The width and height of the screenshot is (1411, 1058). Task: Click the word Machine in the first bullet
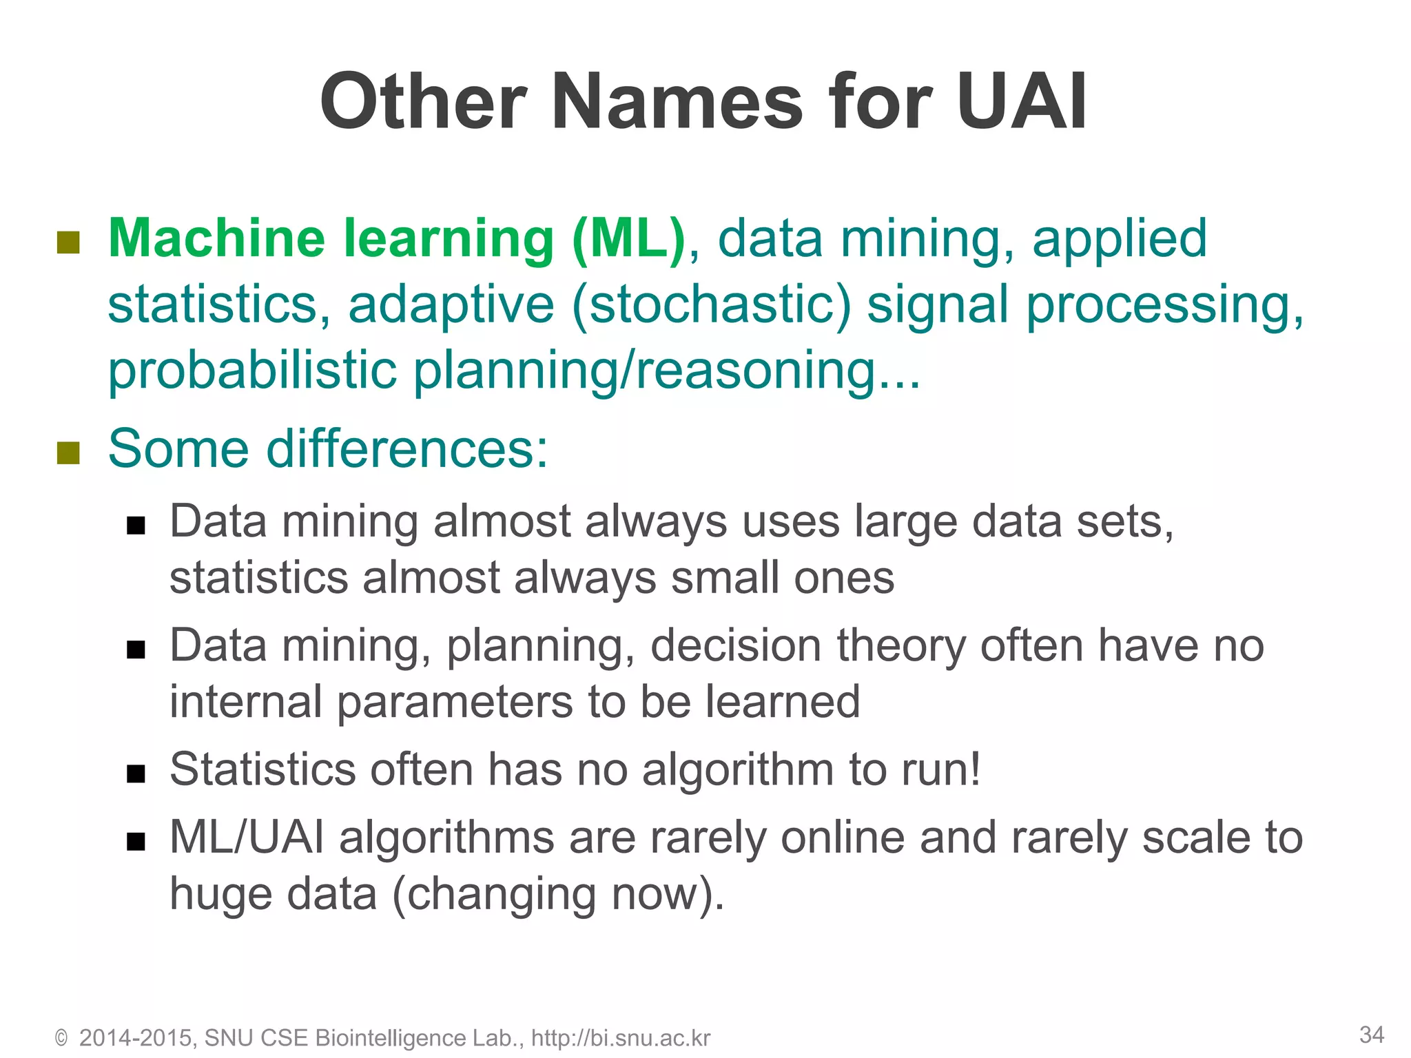[x=216, y=238]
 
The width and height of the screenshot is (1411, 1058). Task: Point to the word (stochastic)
[x=711, y=304]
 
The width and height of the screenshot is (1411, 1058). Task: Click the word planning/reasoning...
[x=667, y=371]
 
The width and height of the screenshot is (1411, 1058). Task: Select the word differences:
[x=407, y=448]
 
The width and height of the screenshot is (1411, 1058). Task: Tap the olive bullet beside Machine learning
[x=68, y=242]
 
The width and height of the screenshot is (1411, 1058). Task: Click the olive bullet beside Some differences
[x=68, y=453]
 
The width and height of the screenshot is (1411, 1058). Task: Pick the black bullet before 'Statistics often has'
[x=136, y=774]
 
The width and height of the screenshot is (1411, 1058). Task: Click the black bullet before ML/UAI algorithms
[x=136, y=841]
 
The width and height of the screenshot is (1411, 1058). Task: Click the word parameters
[x=455, y=702]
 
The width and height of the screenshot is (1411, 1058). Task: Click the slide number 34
[x=1372, y=1035]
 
